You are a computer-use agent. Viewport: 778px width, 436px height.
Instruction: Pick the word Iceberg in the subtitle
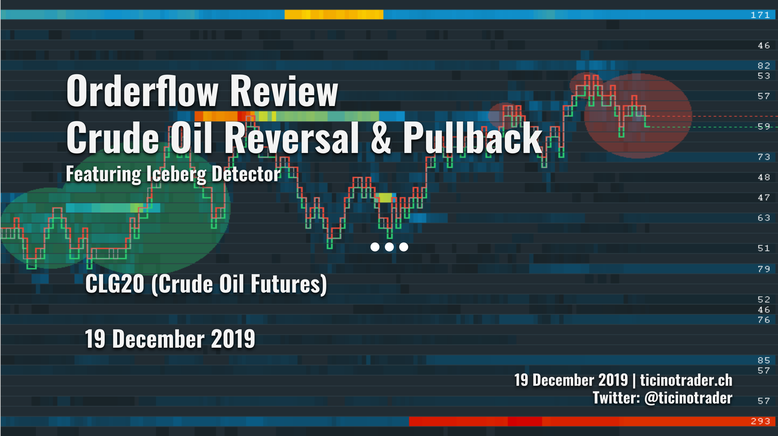[176, 175]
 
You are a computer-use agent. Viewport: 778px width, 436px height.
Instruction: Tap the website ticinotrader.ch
[686, 380]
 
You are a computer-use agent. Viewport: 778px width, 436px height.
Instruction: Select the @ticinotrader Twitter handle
[688, 398]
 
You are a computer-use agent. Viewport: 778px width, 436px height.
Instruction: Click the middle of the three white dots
[389, 247]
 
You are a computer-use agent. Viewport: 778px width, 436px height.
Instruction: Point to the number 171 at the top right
[760, 15]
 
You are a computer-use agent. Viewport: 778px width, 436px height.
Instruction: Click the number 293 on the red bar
[760, 421]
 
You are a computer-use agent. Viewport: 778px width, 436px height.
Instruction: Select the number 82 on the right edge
[764, 66]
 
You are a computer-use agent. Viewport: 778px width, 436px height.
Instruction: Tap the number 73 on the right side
[764, 157]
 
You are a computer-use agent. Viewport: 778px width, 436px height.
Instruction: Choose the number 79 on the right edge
[764, 269]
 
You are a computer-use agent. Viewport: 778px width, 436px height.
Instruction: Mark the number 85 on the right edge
[764, 360]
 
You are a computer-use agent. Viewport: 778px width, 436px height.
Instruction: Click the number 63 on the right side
[764, 218]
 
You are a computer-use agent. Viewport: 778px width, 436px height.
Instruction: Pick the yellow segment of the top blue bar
[334, 14]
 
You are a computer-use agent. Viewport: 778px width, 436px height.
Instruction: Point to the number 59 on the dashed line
[764, 127]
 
